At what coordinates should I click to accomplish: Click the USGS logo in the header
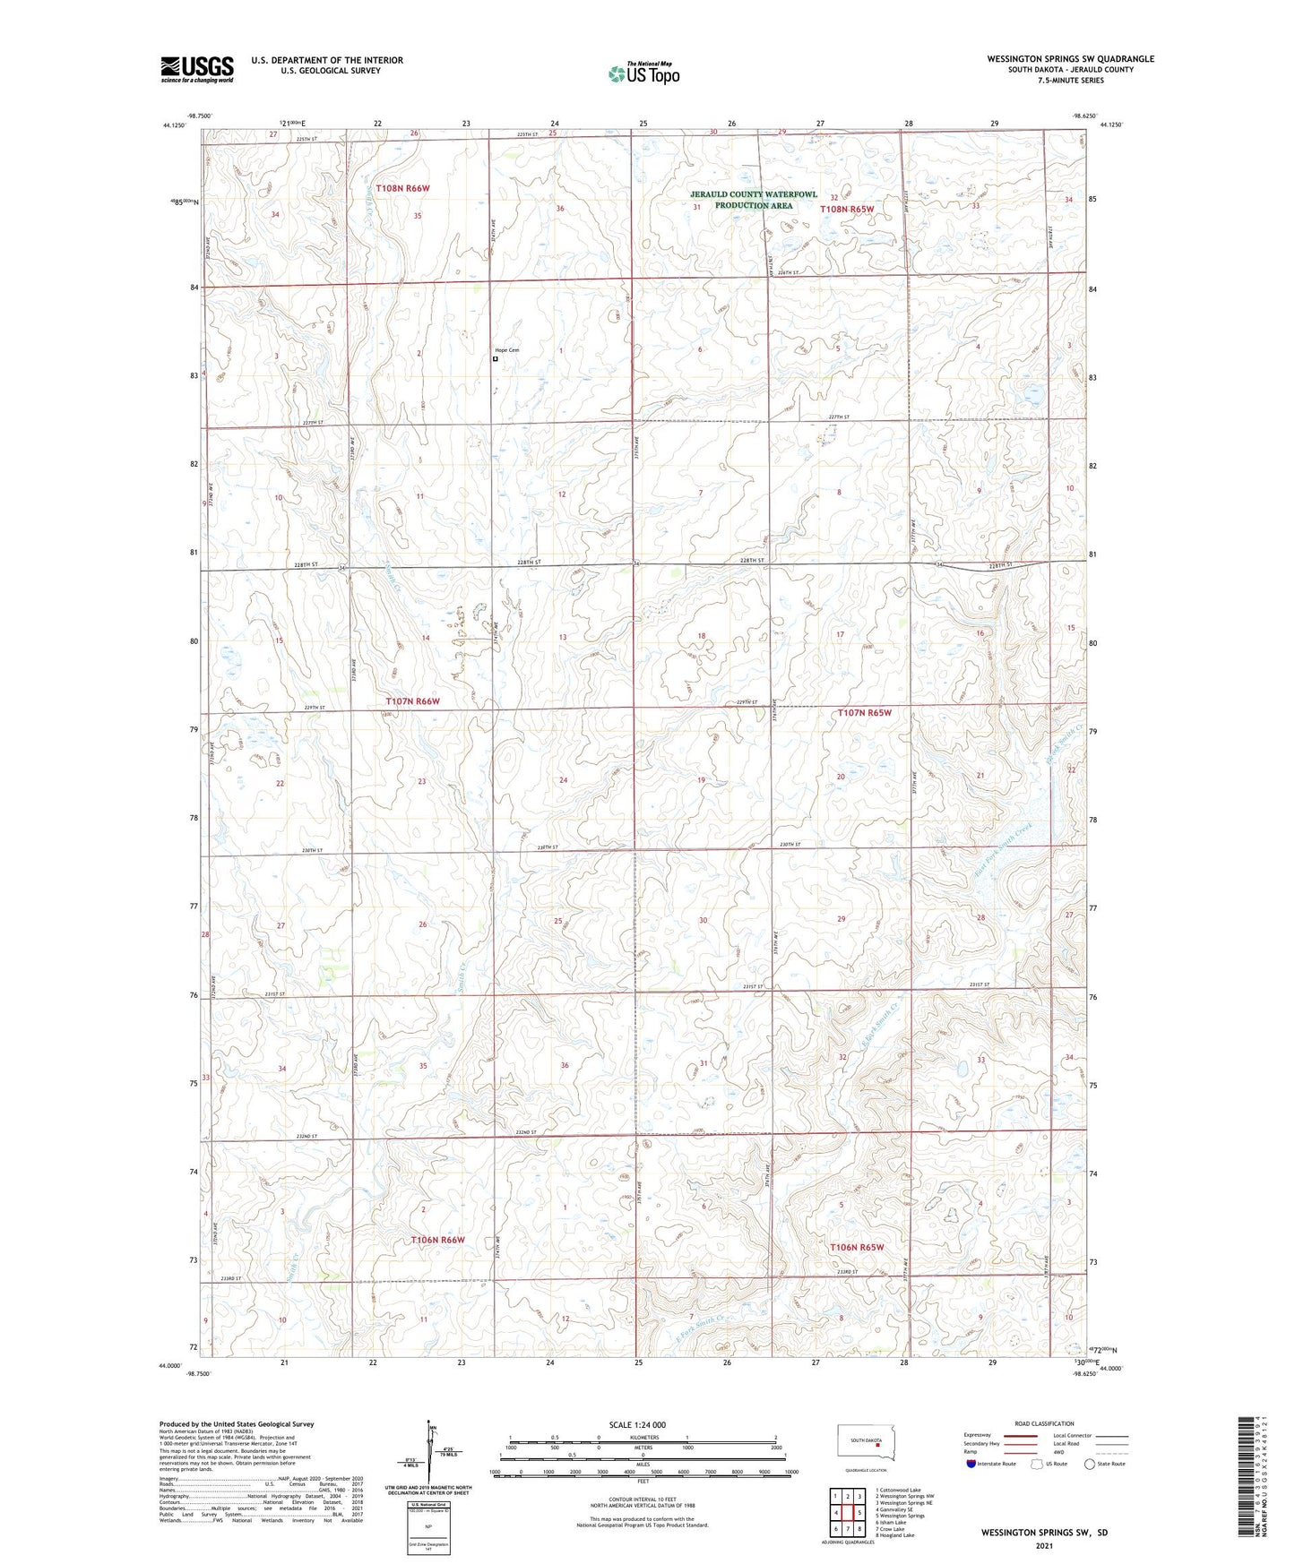[x=197, y=69]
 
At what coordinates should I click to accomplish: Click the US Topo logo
[x=643, y=73]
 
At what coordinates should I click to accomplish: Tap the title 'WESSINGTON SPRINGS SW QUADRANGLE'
[x=1070, y=59]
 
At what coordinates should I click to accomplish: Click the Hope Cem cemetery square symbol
[x=496, y=359]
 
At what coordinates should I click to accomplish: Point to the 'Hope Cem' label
[x=507, y=350]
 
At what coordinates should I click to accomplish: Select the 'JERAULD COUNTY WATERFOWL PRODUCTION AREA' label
[x=754, y=200]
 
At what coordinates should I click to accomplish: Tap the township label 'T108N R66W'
[x=403, y=189]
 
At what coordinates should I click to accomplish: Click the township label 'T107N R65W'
[x=865, y=713]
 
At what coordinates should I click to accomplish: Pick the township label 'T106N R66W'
[x=437, y=1240]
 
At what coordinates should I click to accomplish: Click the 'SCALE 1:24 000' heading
[x=637, y=1425]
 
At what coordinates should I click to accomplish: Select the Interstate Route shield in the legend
[x=971, y=1464]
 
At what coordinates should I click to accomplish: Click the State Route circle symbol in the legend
[x=1090, y=1464]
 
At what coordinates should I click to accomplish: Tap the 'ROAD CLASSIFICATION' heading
[x=1044, y=1423]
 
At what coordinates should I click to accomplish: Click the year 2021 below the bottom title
[x=1043, y=1546]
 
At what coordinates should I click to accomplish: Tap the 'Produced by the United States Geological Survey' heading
[x=237, y=1424]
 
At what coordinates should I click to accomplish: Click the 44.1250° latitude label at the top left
[x=174, y=125]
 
